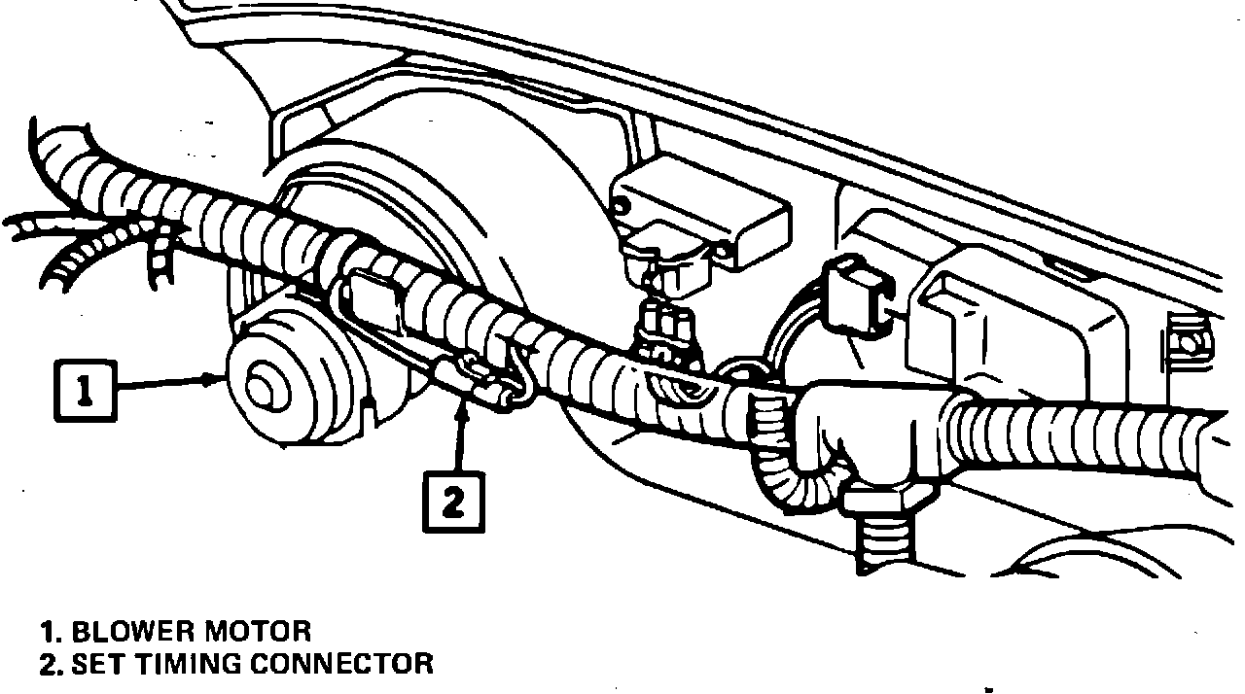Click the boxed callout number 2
(x=452, y=502)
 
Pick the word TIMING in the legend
(x=189, y=665)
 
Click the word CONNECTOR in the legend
(x=341, y=665)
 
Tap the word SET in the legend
(x=100, y=665)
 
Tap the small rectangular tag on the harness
(x=374, y=300)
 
